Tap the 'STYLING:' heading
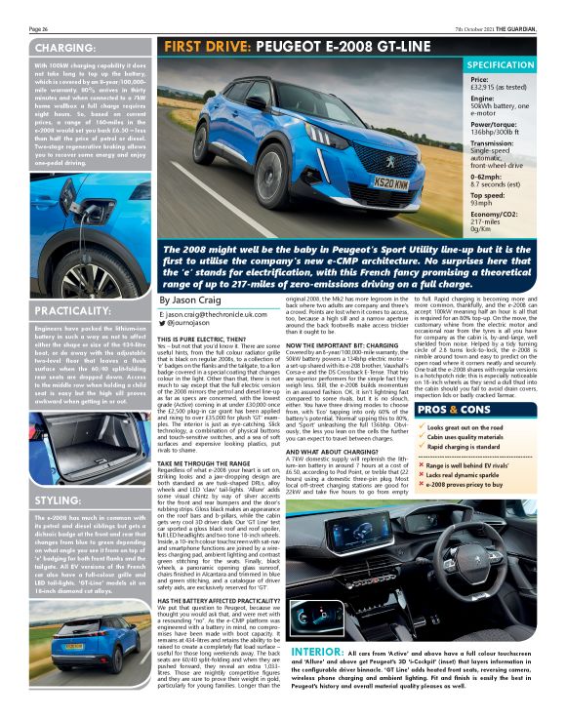(57, 500)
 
